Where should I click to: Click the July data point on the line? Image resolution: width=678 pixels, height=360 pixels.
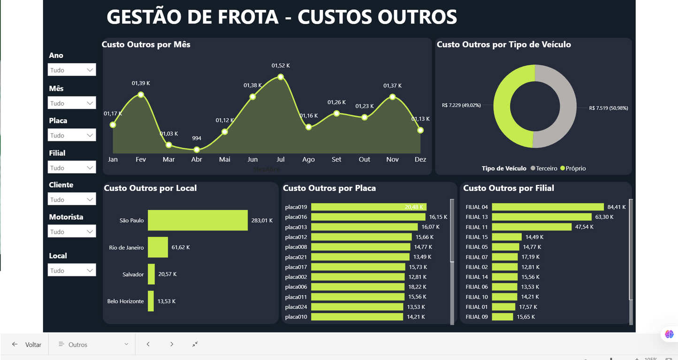281,77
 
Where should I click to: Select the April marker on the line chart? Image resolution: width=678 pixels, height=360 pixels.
197,150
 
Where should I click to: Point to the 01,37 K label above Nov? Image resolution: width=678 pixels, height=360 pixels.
392,86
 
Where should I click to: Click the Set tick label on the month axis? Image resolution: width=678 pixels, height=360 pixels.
336,160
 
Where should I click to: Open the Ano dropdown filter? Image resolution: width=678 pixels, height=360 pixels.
72,70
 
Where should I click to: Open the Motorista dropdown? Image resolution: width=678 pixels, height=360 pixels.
72,231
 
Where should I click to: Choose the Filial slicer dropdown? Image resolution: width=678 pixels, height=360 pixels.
72,168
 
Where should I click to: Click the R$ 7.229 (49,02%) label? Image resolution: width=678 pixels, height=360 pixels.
461,106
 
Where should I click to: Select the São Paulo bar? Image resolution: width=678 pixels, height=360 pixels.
198,220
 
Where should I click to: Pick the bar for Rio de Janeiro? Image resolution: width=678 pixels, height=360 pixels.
158,247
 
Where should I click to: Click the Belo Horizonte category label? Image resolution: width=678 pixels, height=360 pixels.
125,301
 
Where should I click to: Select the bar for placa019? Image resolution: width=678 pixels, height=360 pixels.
368,207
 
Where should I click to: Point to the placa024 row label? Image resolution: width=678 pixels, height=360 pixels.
296,307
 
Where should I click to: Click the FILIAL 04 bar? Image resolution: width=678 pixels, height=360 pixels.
548,207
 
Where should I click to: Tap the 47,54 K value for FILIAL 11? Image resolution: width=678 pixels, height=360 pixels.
584,227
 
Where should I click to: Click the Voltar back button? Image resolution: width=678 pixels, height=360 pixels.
27,345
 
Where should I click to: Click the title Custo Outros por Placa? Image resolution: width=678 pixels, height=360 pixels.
329,188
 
